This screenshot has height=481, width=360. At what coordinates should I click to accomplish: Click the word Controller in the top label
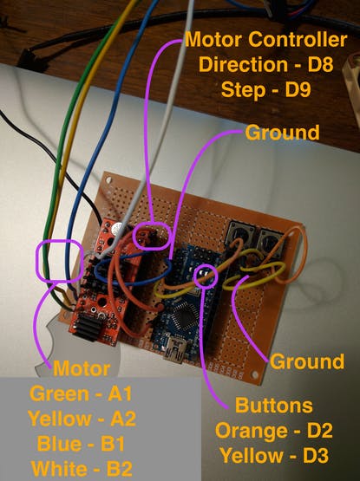298,40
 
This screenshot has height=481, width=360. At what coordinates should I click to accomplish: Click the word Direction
243,64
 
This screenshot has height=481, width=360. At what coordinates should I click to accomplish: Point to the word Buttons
274,406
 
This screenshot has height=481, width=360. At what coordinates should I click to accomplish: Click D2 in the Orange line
320,431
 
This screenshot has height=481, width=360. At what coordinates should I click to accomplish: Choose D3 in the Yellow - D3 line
316,455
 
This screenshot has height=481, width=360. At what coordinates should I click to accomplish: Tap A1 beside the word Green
120,393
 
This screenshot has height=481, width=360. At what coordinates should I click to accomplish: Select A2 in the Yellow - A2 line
123,419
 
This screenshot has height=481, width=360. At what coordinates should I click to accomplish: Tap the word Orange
251,431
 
